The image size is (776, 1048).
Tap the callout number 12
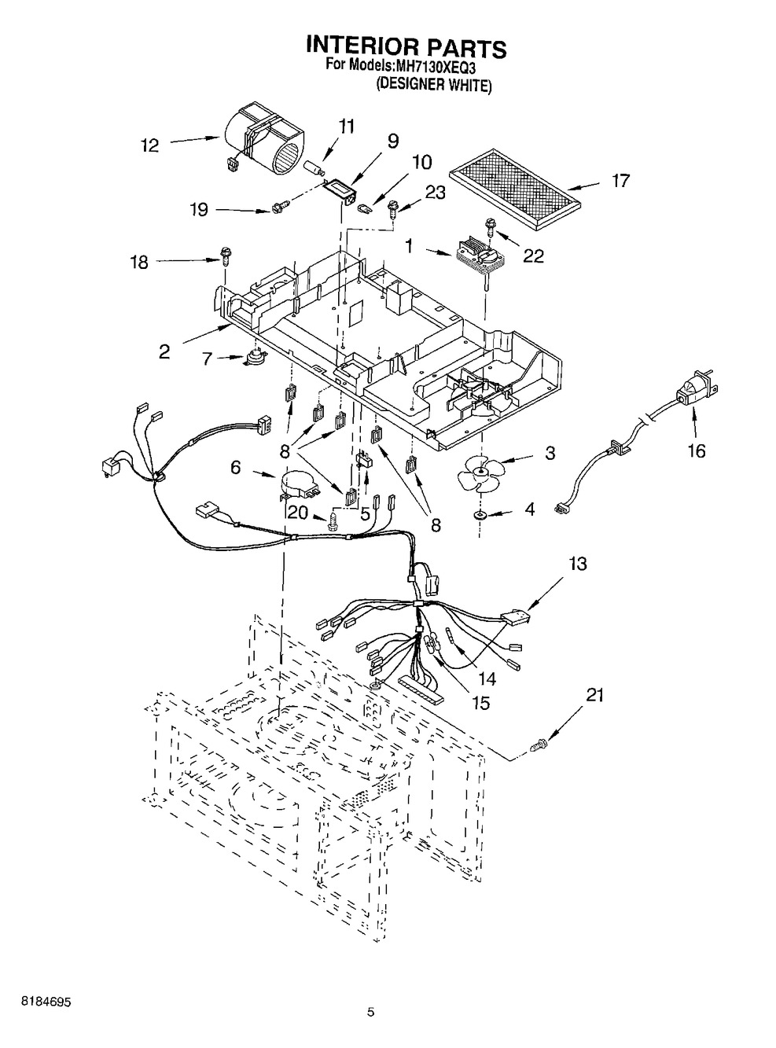149,145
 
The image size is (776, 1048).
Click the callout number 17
620,182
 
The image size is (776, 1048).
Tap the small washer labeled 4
479,515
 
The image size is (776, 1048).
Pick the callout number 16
696,450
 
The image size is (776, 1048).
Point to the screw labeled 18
223,255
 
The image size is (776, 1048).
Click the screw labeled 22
491,227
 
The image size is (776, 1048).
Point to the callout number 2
164,351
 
